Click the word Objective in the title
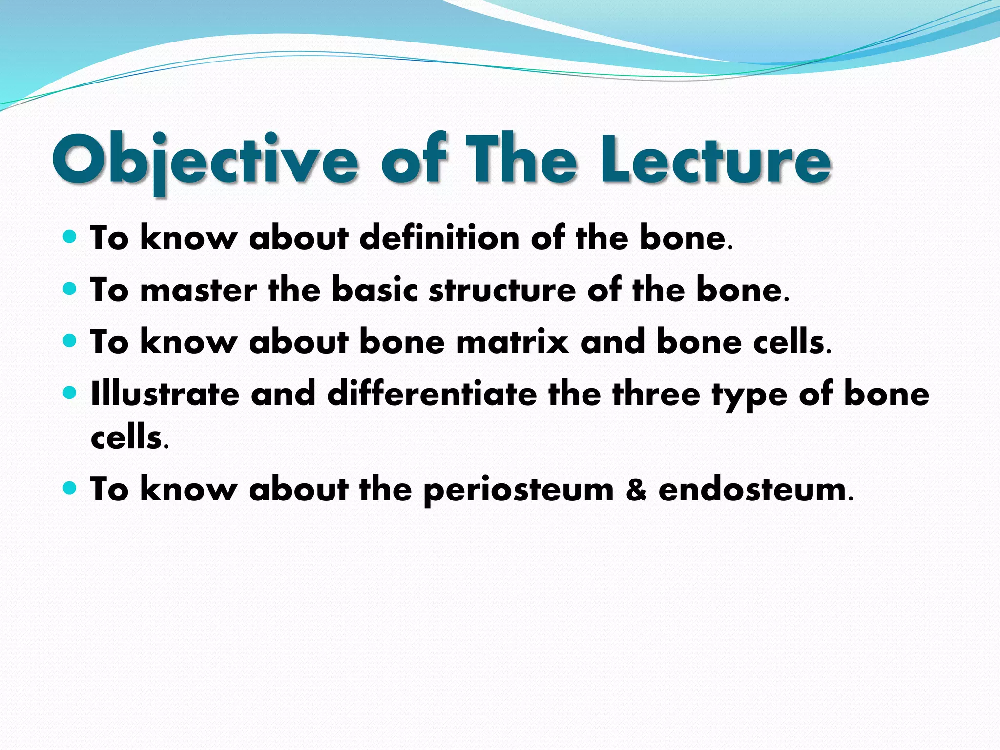pyautogui.click(x=205, y=161)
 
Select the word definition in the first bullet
pyautogui.click(x=439, y=238)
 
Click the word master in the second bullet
pyautogui.click(x=198, y=290)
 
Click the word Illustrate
pyautogui.click(x=165, y=394)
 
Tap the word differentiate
pyautogui.click(x=432, y=394)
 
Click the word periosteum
pyautogui.click(x=518, y=490)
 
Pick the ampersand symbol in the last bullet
pyautogui.click(x=636, y=490)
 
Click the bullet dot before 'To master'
pyautogui.click(x=70, y=289)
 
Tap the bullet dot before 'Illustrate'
pyautogui.click(x=70, y=392)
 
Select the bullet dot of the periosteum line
pyautogui.click(x=70, y=487)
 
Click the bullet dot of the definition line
pyautogui.click(x=70, y=237)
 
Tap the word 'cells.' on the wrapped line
pyautogui.click(x=129, y=437)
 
